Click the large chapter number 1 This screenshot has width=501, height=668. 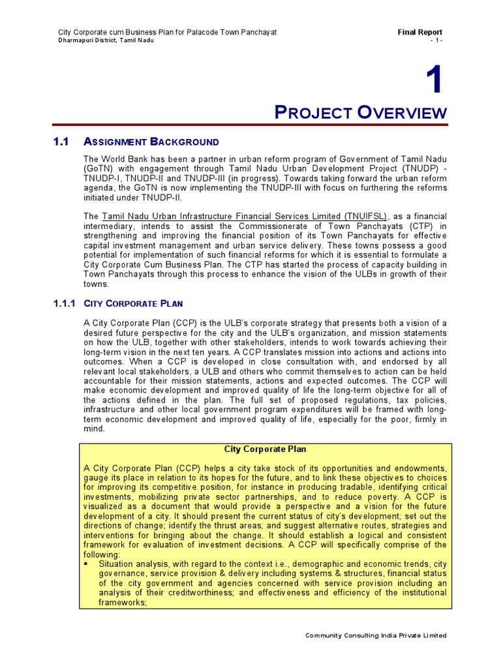tap(434, 82)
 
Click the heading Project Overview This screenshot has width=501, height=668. tap(361, 112)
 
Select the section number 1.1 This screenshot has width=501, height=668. tap(61, 142)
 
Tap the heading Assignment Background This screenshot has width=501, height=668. tap(151, 142)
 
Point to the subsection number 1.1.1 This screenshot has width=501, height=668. tap(65, 303)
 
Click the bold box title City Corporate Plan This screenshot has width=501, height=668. tap(265, 449)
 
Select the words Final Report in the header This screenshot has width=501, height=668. tap(420, 32)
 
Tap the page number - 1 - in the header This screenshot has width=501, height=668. tap(436, 40)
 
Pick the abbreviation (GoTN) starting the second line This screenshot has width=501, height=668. tap(99, 169)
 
